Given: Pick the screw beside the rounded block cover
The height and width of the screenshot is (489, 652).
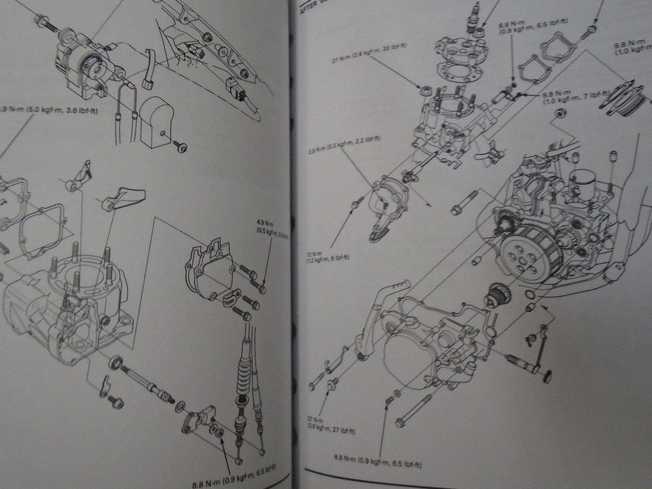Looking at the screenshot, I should point(180,147).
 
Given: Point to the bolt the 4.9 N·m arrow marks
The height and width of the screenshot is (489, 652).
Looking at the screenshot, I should point(262,289).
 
